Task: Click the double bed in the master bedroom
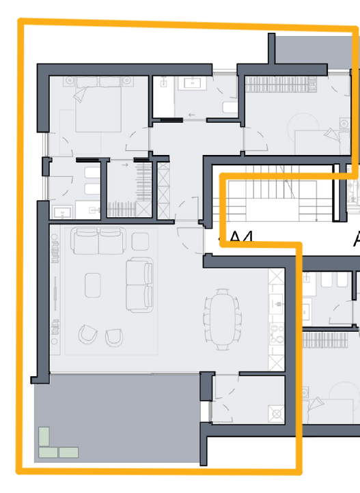[x=99, y=106]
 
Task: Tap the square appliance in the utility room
[x=276, y=412]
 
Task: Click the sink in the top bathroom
[x=190, y=83]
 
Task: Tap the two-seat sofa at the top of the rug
[x=99, y=241]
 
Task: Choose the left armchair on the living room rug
[x=88, y=335]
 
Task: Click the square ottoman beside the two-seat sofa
[x=141, y=240]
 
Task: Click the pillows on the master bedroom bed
[x=100, y=81]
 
